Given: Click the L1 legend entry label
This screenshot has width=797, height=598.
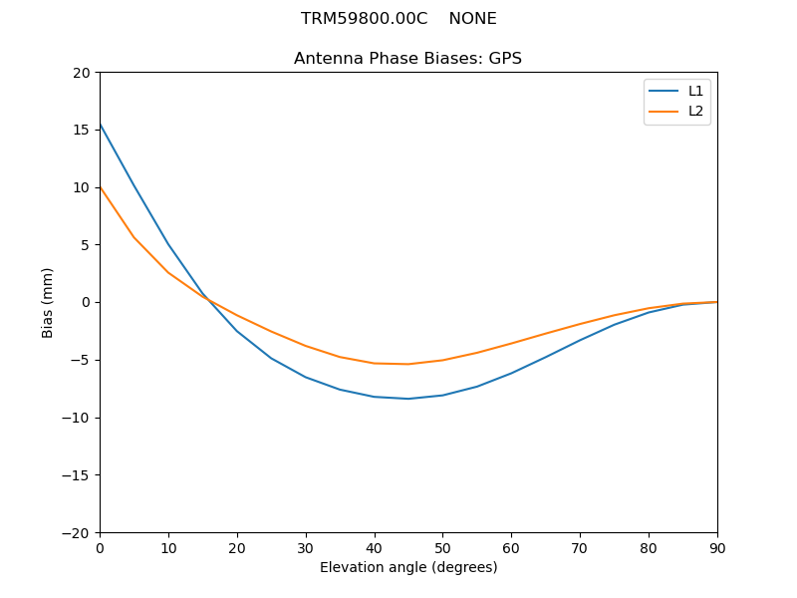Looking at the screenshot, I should (695, 91).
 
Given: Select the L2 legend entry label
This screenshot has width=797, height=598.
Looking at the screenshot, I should (695, 111).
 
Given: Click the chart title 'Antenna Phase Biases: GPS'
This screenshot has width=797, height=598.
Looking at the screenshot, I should (407, 59).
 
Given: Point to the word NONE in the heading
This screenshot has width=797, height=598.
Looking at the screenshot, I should (472, 19).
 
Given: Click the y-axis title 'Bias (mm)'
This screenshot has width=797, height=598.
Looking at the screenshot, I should (48, 302).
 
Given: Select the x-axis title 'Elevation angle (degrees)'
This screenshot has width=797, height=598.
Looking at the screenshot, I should (407, 567).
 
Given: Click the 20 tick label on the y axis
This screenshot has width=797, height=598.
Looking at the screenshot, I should (82, 73).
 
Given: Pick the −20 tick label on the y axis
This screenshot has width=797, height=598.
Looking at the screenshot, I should (76, 532).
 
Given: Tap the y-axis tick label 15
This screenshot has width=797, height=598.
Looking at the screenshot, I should (82, 130).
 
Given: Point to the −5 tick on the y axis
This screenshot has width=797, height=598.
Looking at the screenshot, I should (80, 360).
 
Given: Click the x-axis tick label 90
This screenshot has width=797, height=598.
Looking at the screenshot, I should (716, 548).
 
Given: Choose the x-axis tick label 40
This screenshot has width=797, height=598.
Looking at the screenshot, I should (374, 548).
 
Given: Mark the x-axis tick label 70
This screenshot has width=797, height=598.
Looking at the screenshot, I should (580, 548).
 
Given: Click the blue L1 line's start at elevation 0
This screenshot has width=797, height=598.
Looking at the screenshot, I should (101, 125).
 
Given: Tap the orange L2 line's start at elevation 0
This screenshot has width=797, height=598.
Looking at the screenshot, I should (101, 187).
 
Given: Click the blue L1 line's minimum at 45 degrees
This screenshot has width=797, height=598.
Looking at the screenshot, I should (407, 399).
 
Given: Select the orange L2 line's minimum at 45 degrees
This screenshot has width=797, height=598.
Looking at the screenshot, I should (407, 364).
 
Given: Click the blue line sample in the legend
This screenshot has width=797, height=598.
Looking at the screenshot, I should (664, 91).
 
